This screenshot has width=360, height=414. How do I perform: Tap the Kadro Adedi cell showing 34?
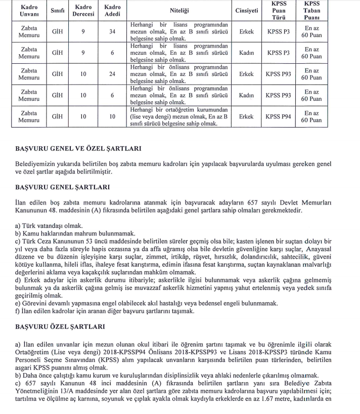click(x=112, y=31)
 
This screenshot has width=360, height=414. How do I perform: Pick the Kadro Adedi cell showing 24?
click(x=112, y=74)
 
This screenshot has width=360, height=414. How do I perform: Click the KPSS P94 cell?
click(x=279, y=116)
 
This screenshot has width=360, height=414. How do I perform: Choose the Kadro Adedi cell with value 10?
click(x=112, y=116)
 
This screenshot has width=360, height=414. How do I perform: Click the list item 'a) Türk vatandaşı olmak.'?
click(x=49, y=226)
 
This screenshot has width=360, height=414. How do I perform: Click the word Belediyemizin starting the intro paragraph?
click(x=36, y=164)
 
